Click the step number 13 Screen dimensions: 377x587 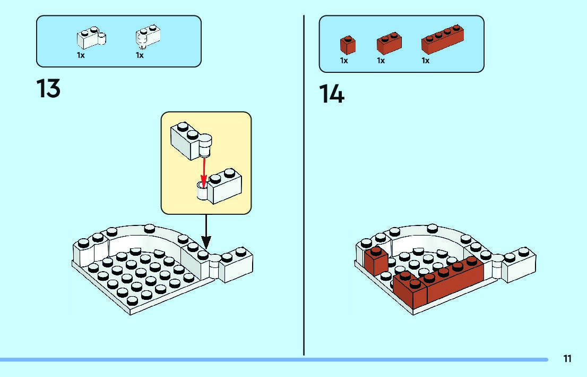(x=48, y=88)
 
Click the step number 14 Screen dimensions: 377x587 (x=332, y=94)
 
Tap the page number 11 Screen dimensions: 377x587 (x=567, y=359)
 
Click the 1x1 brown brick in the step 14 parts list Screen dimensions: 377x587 (x=348, y=45)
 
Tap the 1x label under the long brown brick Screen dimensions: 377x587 (x=425, y=61)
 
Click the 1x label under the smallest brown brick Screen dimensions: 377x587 (x=344, y=61)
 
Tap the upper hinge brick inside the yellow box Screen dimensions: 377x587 (x=189, y=140)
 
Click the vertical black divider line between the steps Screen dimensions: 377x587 (x=304, y=186)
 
